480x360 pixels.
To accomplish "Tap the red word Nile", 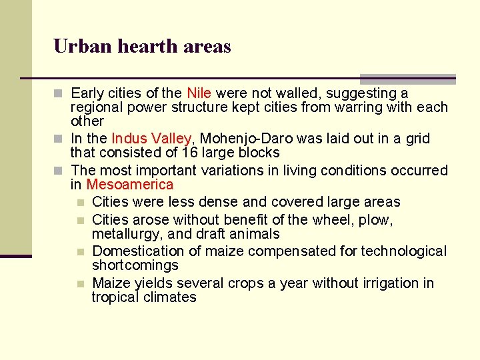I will pyautogui.click(x=199, y=93).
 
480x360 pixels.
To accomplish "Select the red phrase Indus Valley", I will pyautogui.click(x=151, y=139).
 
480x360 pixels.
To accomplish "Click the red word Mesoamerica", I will pyautogui.click(x=129, y=185).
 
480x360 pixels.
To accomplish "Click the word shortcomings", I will pyautogui.click(x=135, y=265).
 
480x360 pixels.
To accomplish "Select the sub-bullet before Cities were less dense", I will pyautogui.click(x=81, y=202).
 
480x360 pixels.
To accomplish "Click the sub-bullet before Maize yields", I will pyautogui.click(x=81, y=283).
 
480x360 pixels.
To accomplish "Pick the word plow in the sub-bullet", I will pyautogui.click(x=378, y=219).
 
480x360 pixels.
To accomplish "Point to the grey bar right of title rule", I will pyautogui.click(x=407, y=78).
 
